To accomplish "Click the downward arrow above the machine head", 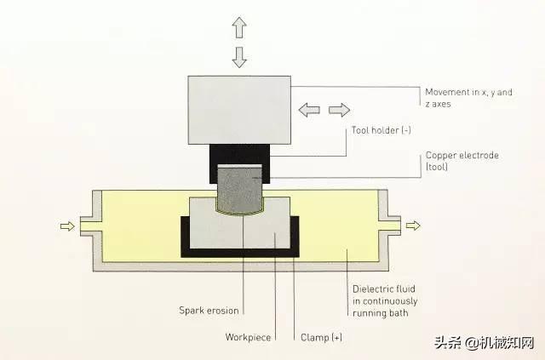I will (x=239, y=57).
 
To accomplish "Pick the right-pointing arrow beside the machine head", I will (x=339, y=110).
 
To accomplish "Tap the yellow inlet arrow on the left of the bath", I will (x=66, y=226).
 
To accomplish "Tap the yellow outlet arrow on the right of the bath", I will (x=413, y=226).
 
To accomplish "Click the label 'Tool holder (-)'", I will (x=381, y=131).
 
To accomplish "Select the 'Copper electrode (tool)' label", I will (x=461, y=162).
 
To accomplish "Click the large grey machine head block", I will (x=239, y=110).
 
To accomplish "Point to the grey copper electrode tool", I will (x=239, y=188).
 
